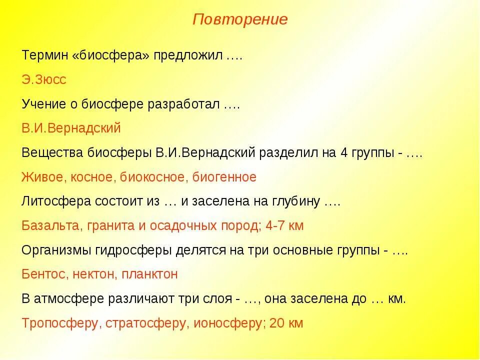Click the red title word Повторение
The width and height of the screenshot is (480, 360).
(240, 20)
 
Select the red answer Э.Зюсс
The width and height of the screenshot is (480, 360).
(44, 79)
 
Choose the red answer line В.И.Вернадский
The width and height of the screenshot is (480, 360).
(71, 128)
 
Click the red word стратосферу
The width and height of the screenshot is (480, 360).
(145, 323)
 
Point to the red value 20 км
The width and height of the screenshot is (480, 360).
(286, 323)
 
